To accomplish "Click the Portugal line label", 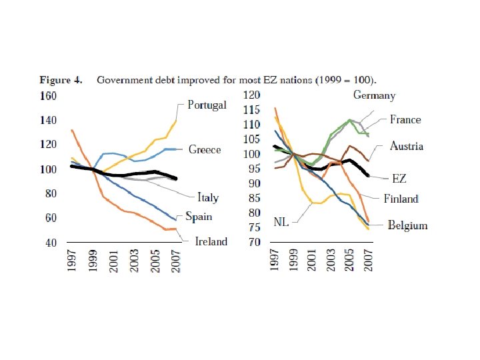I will (207, 105).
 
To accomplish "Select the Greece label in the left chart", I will (204, 149).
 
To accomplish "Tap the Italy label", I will (207, 197).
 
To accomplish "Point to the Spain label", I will (199, 217).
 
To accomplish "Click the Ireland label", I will (211, 241).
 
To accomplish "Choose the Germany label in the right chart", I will (374, 95).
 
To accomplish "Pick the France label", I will (405, 120).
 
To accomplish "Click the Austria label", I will (407, 146).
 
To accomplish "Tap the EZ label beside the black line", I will (399, 179).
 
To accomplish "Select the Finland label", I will (401, 199).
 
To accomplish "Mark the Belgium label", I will (407, 225).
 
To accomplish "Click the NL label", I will (281, 221).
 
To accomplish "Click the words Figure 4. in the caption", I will (61, 80).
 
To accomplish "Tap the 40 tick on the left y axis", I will (50, 243).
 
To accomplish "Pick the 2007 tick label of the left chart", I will (175, 265).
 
